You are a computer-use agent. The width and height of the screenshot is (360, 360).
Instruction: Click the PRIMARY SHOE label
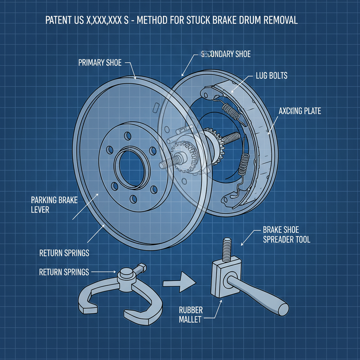coord(100,63)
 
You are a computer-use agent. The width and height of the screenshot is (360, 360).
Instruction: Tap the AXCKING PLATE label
coord(300,111)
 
